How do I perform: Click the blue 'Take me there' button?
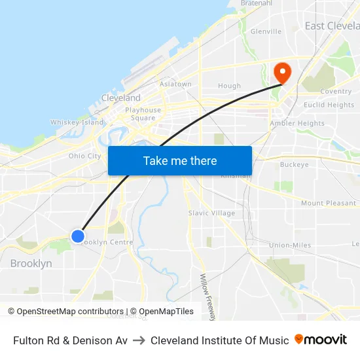180,160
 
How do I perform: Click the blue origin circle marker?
77,236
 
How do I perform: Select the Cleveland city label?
120,98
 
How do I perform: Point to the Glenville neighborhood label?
266,31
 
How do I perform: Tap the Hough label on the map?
229,86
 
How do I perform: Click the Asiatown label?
175,84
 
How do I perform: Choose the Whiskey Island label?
77,122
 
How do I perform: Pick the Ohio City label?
85,156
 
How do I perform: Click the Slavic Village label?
211,213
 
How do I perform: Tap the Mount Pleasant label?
329,204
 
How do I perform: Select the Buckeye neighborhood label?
294,165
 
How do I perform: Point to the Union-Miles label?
290,245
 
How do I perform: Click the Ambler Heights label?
297,123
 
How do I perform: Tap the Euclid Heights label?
329,105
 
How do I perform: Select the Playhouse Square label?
143,114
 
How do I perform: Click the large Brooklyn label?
31,263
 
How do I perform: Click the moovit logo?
321,340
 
